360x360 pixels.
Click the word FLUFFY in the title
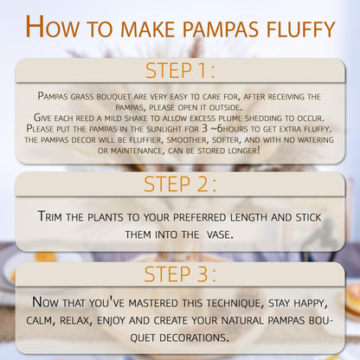[x=300, y=29]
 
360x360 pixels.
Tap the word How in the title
[x=52, y=27]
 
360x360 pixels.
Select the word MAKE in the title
[x=148, y=29]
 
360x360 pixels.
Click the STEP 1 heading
[x=180, y=71]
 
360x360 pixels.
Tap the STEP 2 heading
[x=180, y=184]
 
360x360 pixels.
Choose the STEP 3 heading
[x=180, y=274]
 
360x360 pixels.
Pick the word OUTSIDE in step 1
[x=225, y=107]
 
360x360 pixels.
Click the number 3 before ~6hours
[x=205, y=129]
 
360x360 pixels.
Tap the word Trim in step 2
[x=49, y=216]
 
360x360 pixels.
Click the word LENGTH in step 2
[x=248, y=217]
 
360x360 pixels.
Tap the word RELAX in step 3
[x=76, y=321]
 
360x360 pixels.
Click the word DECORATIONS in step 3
[x=194, y=337]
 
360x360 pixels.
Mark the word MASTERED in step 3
[x=153, y=303]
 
